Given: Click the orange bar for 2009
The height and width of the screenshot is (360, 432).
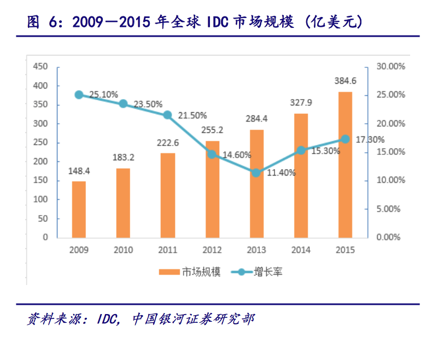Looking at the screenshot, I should tap(79, 209).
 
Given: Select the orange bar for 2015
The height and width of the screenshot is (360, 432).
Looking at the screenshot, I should tap(345, 164).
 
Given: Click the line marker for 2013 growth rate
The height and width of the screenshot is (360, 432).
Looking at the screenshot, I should tap(256, 173).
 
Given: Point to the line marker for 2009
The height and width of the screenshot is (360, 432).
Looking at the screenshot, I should tap(79, 95).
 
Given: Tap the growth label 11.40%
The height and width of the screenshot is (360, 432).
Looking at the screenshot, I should tap(281, 173).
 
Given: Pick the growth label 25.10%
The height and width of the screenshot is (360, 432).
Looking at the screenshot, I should tap(103, 95).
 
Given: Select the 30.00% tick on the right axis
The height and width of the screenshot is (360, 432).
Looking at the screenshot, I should tap(390, 67).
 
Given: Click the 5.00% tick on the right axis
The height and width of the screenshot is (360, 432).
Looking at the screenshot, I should tap(390, 209).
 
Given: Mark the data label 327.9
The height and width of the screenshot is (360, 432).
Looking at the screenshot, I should tap(300, 103).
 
